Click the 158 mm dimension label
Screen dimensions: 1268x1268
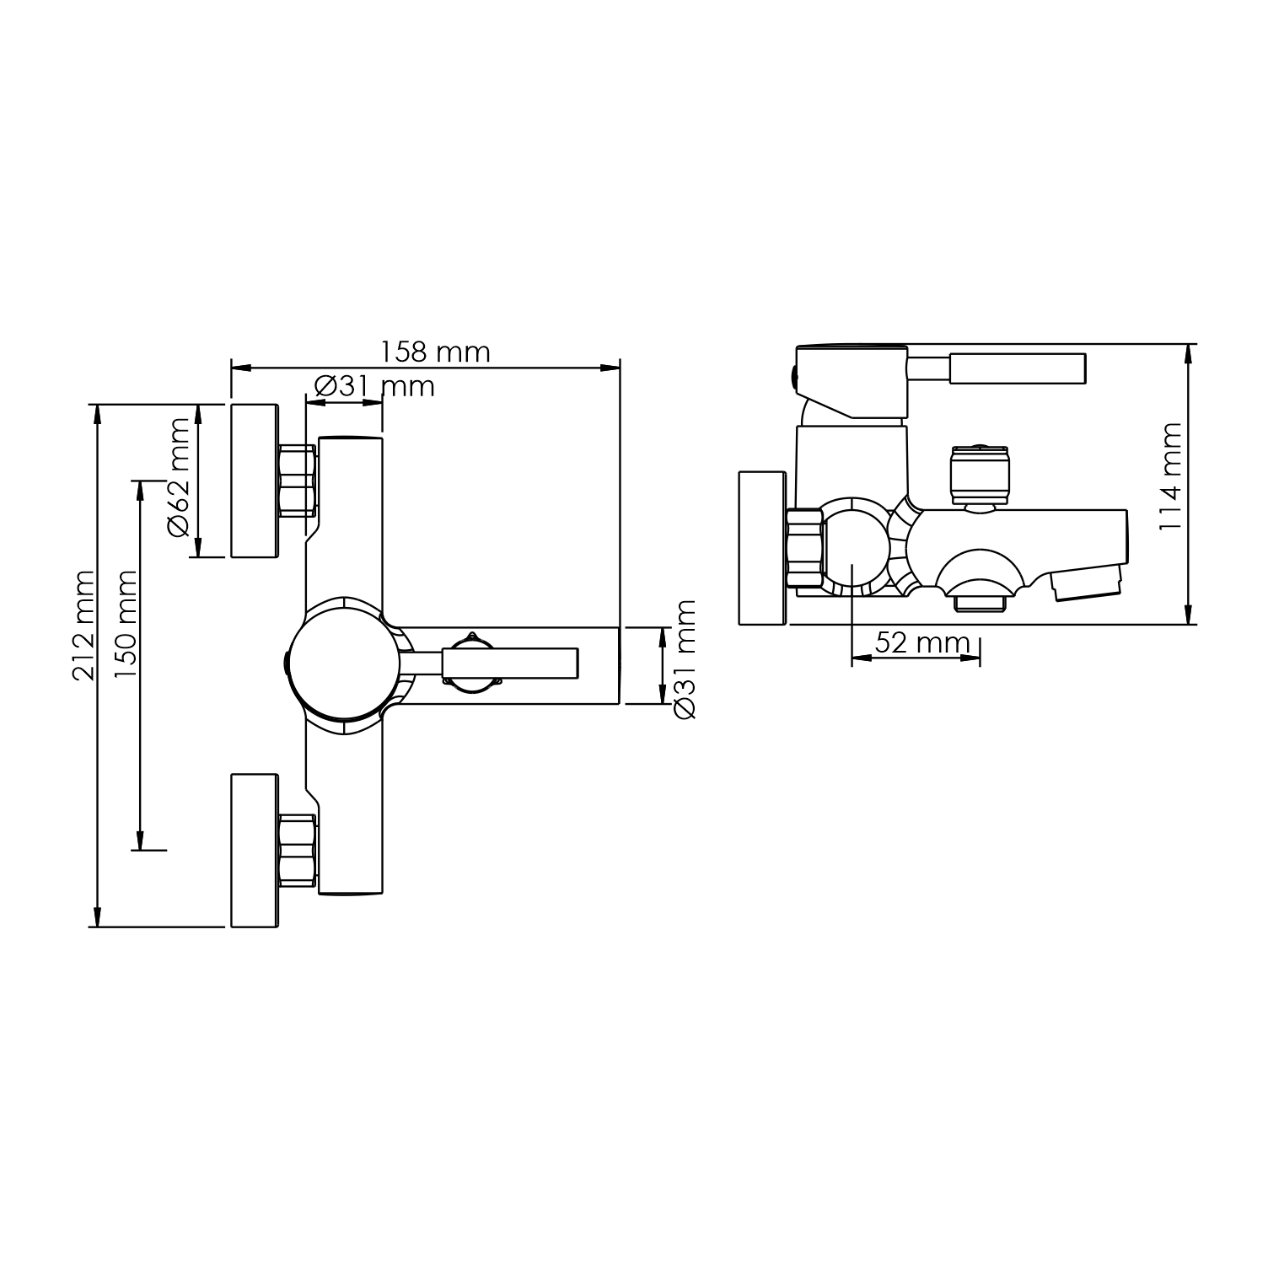pos(435,351)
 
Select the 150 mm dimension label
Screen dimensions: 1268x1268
pos(126,625)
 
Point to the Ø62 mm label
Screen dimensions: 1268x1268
pos(179,477)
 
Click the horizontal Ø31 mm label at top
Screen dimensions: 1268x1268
pos(374,386)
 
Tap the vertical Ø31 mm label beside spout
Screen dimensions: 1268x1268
pos(685,660)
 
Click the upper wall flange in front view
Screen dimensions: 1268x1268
pos(255,481)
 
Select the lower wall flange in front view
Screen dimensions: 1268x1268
pos(255,850)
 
